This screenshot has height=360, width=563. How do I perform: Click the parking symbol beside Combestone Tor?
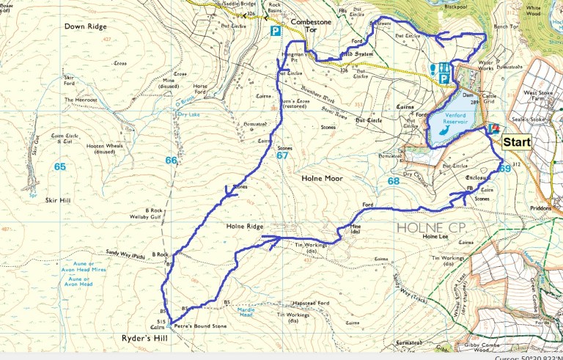(x=276, y=32)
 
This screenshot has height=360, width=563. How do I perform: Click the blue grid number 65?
(x=59, y=167)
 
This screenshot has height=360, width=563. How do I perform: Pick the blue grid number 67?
(x=282, y=155)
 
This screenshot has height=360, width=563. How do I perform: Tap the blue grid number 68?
(x=394, y=181)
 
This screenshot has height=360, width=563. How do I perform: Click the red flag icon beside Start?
(x=493, y=128)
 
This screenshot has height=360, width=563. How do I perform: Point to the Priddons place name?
(x=537, y=208)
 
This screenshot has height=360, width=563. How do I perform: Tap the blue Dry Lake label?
(x=190, y=114)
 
